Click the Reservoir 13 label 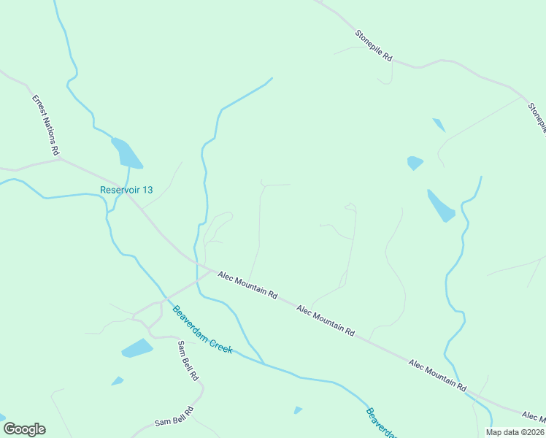[126, 190]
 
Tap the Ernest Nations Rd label [45, 124]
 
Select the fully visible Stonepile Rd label [374, 45]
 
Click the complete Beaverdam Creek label [202, 329]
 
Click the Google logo [24, 429]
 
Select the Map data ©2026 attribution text [515, 432]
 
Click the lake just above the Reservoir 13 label [126, 153]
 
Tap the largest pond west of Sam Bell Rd [136, 348]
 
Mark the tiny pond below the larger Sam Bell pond [117, 380]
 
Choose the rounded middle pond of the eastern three [415, 162]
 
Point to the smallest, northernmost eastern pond [439, 124]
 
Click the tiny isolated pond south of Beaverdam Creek [298, 410]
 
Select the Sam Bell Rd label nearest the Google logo [173, 418]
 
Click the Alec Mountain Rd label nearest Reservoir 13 [247, 285]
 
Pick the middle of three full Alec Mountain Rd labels [326, 321]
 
